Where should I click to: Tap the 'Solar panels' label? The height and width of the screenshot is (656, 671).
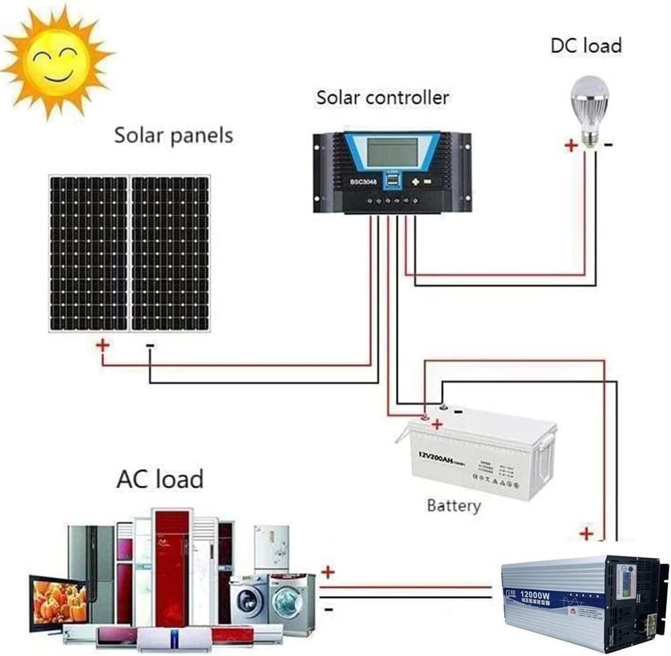(x=173, y=135)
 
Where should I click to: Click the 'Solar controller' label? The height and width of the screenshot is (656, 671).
(x=382, y=97)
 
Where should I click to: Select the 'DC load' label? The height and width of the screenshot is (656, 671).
(x=585, y=45)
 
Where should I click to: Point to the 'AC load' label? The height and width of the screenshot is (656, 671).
(x=160, y=479)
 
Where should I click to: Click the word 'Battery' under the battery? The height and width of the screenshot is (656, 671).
(x=453, y=505)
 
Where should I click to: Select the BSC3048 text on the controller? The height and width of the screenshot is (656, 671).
(x=363, y=182)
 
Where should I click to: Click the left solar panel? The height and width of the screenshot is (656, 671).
(x=88, y=254)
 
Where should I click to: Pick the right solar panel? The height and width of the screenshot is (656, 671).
(x=170, y=254)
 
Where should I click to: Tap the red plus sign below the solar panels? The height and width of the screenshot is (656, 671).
(x=103, y=345)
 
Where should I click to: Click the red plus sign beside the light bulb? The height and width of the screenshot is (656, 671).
(x=571, y=146)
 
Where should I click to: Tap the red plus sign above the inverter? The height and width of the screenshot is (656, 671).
(x=586, y=534)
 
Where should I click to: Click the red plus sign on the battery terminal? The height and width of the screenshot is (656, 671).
(x=437, y=424)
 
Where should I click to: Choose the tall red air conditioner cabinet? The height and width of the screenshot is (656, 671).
(x=172, y=570)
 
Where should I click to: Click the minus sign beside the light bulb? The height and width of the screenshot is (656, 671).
(x=609, y=145)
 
